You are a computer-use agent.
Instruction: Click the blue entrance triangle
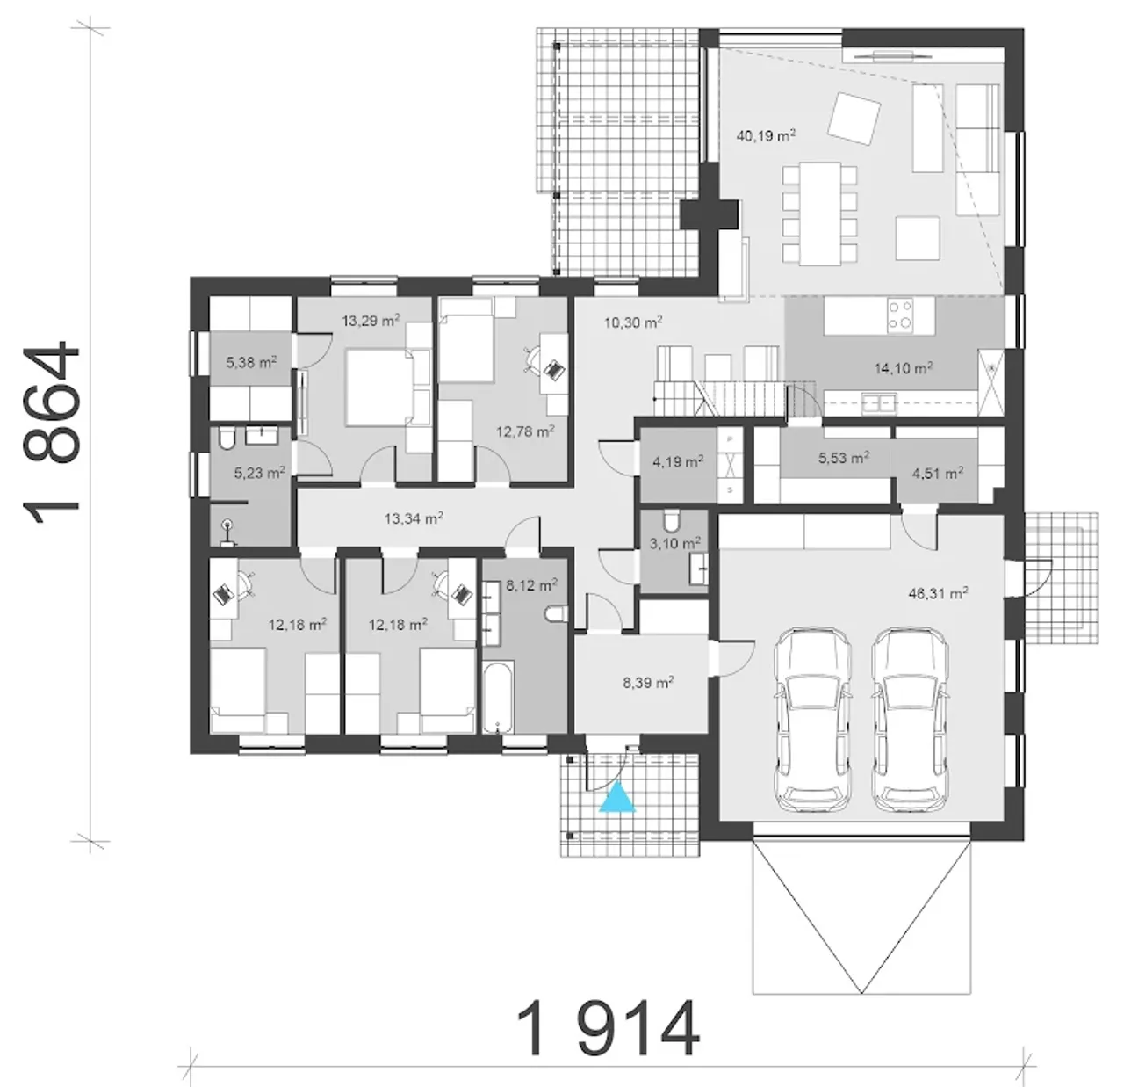[616, 798]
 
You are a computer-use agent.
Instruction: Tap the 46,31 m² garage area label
[938, 593]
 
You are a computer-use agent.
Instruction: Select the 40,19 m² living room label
[766, 136]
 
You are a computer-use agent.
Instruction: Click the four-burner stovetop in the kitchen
[900, 315]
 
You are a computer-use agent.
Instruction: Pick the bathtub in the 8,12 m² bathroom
[497, 698]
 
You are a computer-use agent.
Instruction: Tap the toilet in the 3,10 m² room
[671, 520]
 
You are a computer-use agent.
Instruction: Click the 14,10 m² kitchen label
[904, 367]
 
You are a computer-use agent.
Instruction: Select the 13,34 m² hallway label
[414, 518]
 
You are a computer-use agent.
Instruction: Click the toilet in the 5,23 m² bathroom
[227, 438]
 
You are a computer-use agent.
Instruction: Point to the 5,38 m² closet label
[250, 363]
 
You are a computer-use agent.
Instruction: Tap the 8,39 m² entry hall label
[648, 683]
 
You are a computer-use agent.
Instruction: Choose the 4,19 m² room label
[678, 461]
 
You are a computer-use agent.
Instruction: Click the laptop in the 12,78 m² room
[554, 369]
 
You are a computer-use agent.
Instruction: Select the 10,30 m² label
[633, 322]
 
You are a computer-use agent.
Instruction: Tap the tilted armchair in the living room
[854, 119]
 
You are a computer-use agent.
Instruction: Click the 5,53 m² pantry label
[844, 458]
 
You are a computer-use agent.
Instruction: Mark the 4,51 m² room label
[938, 474]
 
